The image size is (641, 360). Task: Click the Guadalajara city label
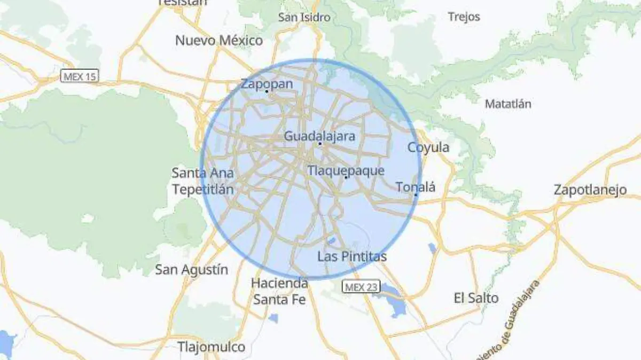pyautogui.click(x=319, y=136)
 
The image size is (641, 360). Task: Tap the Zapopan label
pyautogui.click(x=267, y=84)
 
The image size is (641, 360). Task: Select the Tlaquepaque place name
pyautogui.click(x=346, y=170)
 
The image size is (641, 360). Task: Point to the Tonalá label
pyautogui.click(x=416, y=187)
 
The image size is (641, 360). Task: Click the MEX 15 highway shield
pyautogui.click(x=80, y=76)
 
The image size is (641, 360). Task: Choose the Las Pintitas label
pyautogui.click(x=351, y=256)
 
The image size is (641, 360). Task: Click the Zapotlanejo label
pyautogui.click(x=590, y=190)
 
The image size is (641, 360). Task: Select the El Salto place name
pyautogui.click(x=476, y=298)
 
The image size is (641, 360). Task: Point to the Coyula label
pyautogui.click(x=428, y=147)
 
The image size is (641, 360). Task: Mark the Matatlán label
pyautogui.click(x=507, y=104)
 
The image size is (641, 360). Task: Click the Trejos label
pyautogui.click(x=464, y=17)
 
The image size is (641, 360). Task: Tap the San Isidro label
pyautogui.click(x=304, y=17)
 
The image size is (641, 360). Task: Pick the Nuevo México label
pyautogui.click(x=219, y=40)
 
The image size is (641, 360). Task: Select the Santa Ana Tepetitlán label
pyautogui.click(x=202, y=181)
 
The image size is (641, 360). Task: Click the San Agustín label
pyautogui.click(x=191, y=269)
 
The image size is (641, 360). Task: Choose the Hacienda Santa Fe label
pyautogui.click(x=279, y=291)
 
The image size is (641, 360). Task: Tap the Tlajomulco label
pyautogui.click(x=211, y=347)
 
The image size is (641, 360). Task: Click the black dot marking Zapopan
pyautogui.click(x=266, y=91)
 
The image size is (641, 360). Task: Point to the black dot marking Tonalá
pyautogui.click(x=416, y=194)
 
